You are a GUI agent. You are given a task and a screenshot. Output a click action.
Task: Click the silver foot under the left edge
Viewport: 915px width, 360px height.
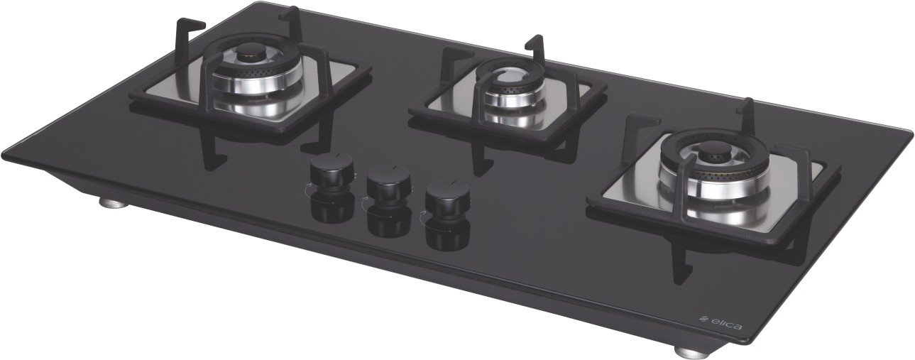[114, 203]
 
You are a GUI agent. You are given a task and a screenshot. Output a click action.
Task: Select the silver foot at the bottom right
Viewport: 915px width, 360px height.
[689, 351]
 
